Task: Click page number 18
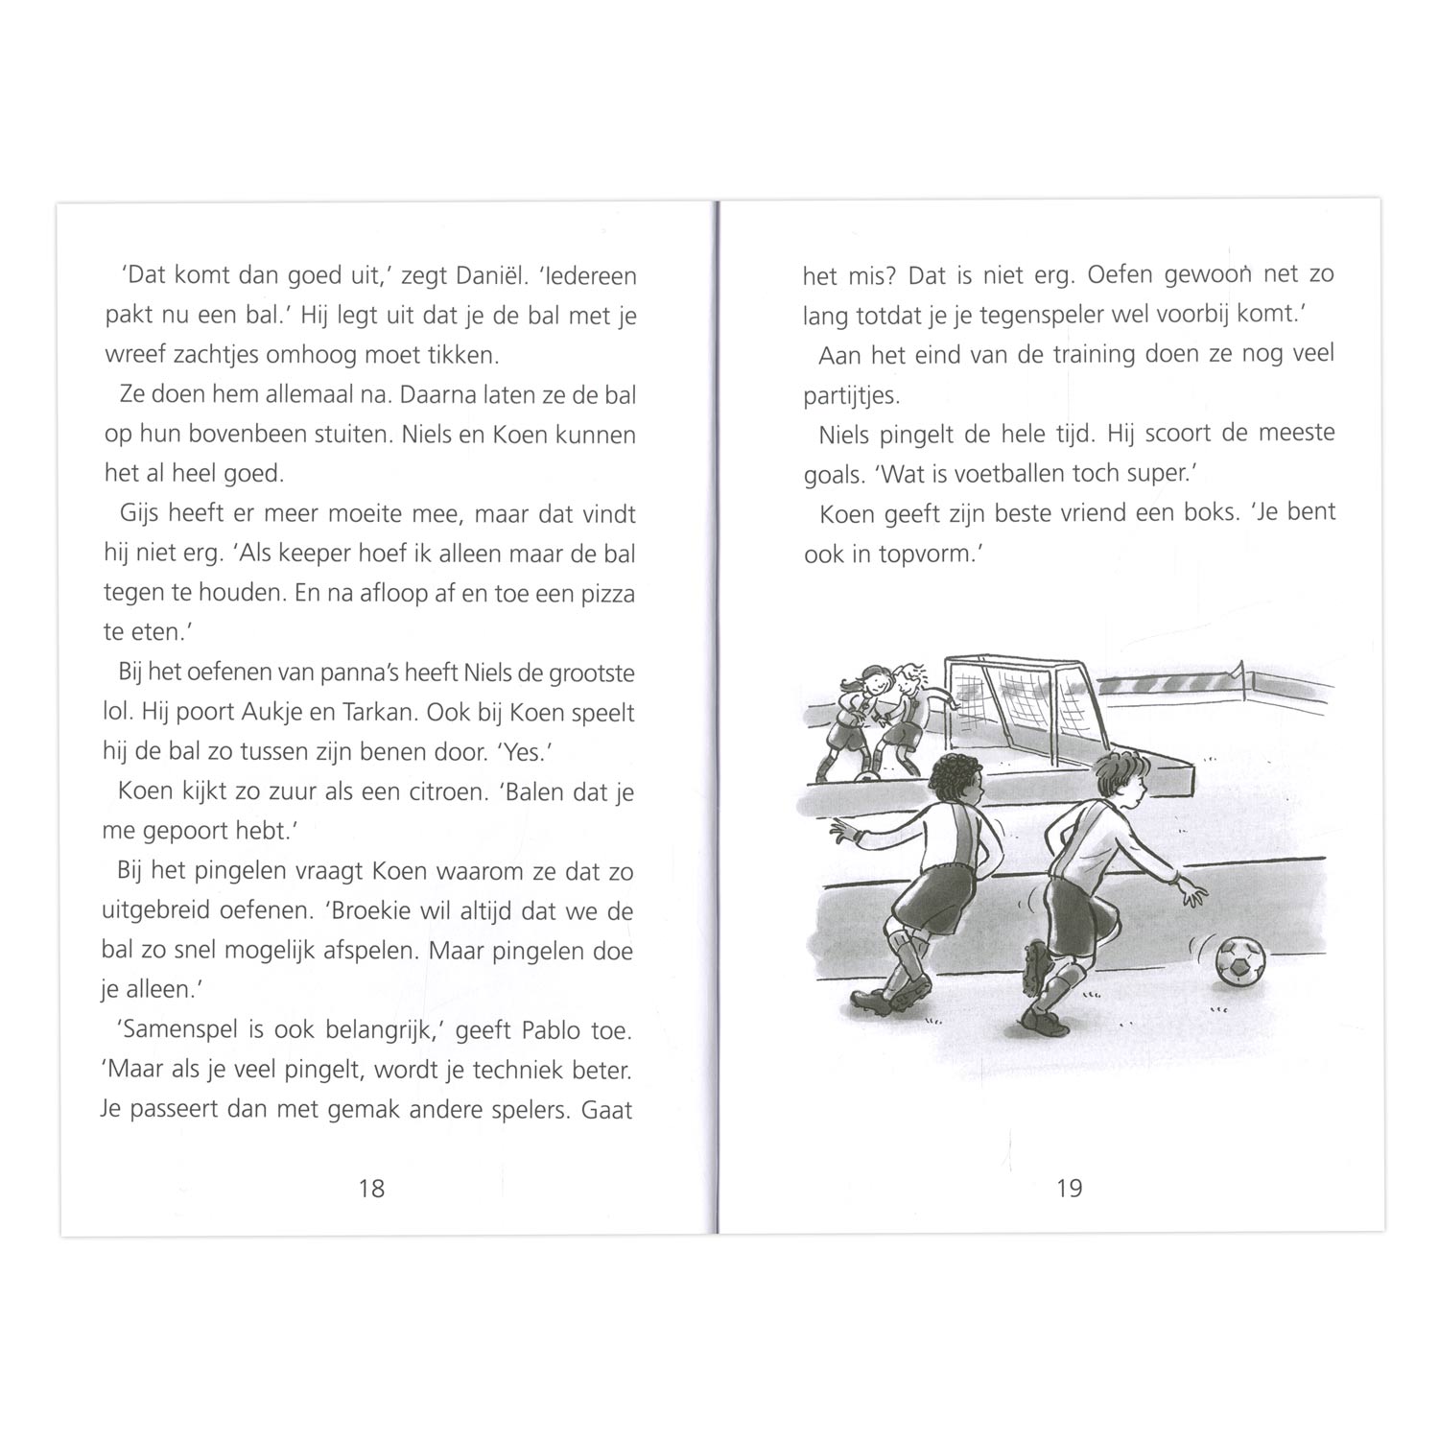(x=371, y=1189)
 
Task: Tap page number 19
(x=1069, y=1189)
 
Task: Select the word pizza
(x=607, y=594)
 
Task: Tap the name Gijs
(x=140, y=514)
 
